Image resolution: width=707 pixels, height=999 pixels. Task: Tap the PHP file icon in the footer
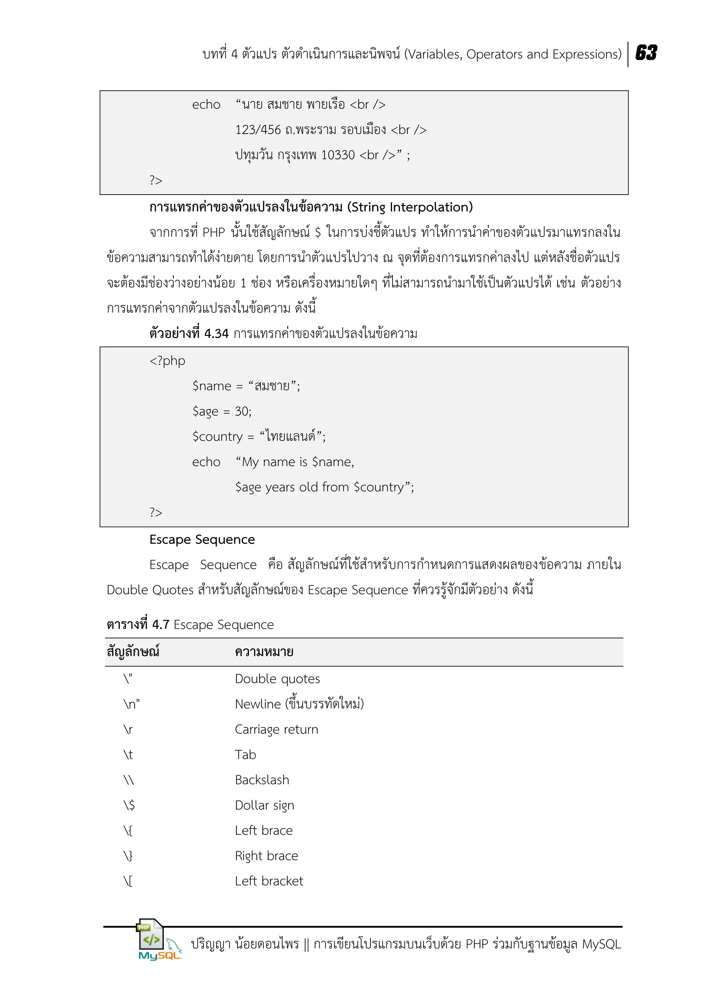(150, 934)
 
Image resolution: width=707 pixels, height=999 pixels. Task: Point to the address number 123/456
(258, 130)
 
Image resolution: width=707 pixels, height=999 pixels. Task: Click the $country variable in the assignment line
(217, 436)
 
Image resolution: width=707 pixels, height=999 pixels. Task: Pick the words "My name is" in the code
(275, 462)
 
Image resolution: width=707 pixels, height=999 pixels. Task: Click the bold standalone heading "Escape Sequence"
(202, 540)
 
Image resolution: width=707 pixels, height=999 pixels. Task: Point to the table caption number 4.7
(160, 625)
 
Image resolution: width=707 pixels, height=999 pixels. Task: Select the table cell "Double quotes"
(277, 679)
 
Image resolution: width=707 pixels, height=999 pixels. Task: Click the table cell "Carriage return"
(277, 729)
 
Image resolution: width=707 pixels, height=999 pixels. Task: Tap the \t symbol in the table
(128, 754)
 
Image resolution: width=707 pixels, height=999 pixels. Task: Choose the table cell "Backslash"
(262, 780)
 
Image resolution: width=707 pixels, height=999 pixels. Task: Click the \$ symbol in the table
(129, 805)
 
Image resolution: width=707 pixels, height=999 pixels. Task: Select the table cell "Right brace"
(267, 855)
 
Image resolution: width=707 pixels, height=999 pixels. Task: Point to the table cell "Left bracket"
(269, 881)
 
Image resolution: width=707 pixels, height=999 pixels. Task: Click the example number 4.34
(216, 334)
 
